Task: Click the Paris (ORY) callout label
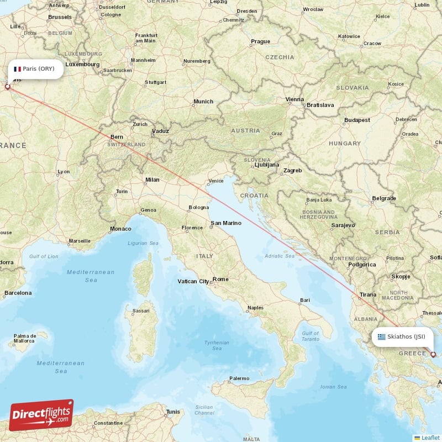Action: [34, 69]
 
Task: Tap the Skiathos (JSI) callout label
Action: [402, 336]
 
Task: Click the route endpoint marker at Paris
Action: [7, 86]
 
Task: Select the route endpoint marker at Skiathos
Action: [433, 355]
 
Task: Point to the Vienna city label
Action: [294, 99]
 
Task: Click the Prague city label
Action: [260, 41]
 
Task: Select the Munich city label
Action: [203, 102]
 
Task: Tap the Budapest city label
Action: [356, 120]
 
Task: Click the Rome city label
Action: [220, 279]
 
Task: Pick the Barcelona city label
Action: [18, 293]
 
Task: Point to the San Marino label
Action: [225, 223]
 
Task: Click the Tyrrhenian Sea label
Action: [217, 345]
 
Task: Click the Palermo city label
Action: [239, 378]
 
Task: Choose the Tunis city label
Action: [173, 412]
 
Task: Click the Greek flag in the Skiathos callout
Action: [381, 336]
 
